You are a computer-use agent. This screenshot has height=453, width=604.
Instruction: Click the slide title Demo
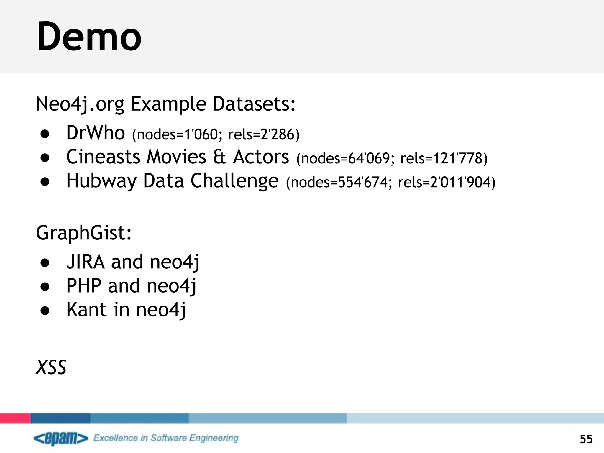[89, 37]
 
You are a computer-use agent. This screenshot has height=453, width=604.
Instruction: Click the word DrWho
[96, 133]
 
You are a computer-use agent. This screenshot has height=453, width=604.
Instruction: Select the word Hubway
[101, 181]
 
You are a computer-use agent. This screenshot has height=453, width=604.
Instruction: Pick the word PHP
[84, 285]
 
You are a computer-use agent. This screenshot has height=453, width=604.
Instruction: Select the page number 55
[586, 439]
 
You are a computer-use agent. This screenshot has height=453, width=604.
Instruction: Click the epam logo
[61, 439]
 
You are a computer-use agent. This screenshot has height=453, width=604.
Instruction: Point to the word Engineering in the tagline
[214, 438]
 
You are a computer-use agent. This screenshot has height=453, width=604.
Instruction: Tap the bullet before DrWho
[45, 134]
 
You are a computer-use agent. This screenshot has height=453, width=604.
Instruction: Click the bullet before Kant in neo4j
[45, 311]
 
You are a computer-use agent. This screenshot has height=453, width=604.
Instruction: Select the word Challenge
[234, 181]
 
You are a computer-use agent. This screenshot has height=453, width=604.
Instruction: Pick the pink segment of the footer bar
[15, 418]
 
